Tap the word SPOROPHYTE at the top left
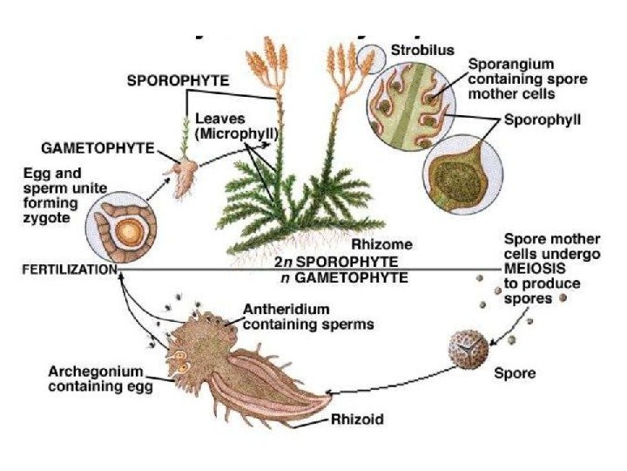[179, 79]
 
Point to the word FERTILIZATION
[68, 270]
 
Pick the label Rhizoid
[357, 420]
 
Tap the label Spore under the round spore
[515, 373]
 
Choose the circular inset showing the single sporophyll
[462, 172]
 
